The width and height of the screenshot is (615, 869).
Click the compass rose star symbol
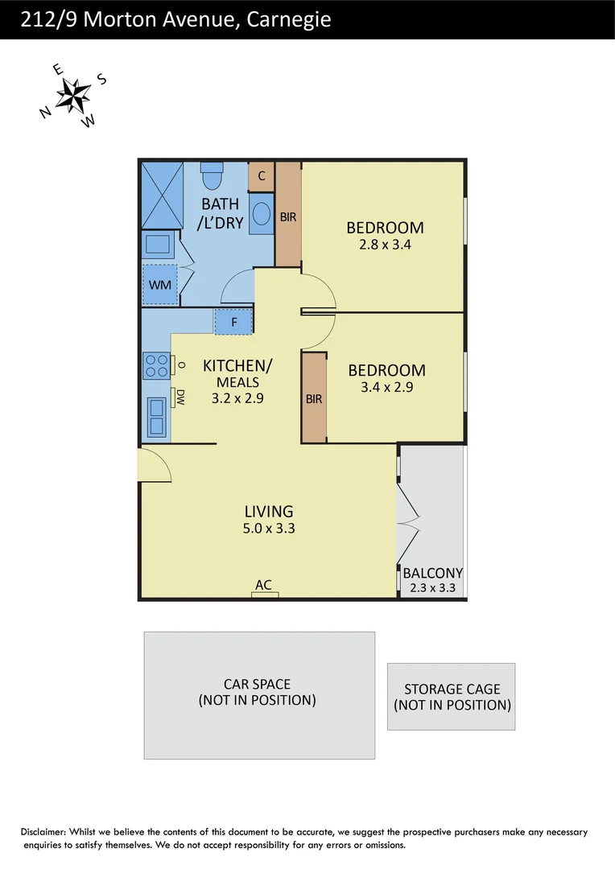[74, 95]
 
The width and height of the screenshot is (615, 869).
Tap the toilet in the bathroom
[212, 175]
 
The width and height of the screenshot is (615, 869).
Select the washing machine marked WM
[159, 286]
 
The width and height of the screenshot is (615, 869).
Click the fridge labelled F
[233, 322]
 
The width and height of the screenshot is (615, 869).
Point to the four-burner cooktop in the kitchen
[157, 365]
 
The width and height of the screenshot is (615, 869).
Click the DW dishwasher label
[180, 397]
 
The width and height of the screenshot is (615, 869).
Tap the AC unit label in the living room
[263, 586]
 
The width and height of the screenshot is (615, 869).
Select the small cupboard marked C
[262, 176]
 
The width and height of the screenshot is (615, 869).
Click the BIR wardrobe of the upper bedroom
[288, 216]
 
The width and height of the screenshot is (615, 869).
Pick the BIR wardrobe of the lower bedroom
[313, 397]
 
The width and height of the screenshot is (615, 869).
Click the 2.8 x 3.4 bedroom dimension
[386, 245]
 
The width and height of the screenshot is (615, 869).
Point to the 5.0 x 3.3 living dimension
[269, 529]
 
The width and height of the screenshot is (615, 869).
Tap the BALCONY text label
[432, 573]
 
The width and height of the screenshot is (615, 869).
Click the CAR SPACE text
[257, 684]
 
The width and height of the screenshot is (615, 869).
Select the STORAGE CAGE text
[452, 689]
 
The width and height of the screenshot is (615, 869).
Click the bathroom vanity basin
[262, 214]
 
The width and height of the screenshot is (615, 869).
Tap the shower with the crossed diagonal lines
[162, 196]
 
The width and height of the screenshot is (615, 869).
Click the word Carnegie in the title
[287, 19]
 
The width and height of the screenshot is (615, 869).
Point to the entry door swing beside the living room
[153, 465]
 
